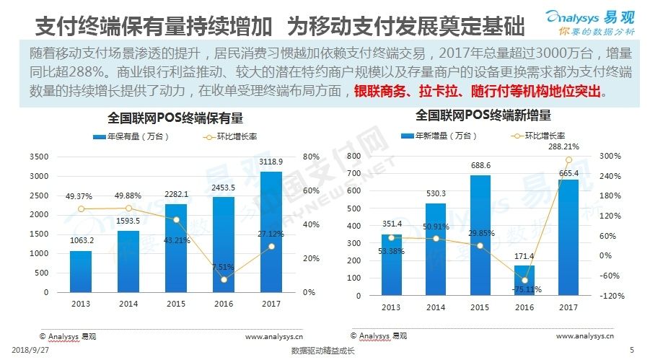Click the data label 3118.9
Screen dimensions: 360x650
point(271,163)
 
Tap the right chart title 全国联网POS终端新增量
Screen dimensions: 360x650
point(483,115)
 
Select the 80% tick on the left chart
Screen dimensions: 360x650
point(310,157)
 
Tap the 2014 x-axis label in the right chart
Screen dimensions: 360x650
point(435,307)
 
